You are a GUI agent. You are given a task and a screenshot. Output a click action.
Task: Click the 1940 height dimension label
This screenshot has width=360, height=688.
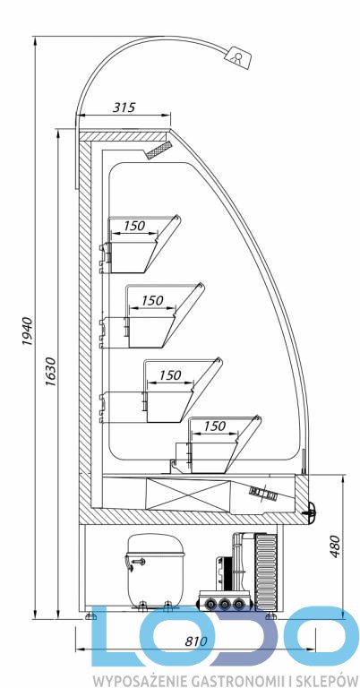(x=27, y=331)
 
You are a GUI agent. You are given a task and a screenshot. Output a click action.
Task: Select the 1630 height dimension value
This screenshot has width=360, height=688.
(x=51, y=372)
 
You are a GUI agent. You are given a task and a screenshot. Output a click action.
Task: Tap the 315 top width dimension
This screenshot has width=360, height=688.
(x=124, y=107)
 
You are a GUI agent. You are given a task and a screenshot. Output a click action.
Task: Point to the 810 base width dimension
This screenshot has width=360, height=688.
(x=195, y=641)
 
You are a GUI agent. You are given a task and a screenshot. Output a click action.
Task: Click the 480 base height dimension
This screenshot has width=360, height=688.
(x=336, y=546)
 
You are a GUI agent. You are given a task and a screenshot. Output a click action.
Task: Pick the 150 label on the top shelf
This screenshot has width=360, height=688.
(x=133, y=226)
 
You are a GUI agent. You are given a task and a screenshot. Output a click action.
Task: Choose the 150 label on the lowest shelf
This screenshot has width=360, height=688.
(x=214, y=426)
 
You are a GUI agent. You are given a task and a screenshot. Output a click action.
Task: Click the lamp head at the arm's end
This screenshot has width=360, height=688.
(x=239, y=56)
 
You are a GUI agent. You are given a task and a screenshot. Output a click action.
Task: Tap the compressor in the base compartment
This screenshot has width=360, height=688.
(x=154, y=571)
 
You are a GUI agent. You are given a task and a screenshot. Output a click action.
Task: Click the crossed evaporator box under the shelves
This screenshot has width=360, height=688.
(x=188, y=494)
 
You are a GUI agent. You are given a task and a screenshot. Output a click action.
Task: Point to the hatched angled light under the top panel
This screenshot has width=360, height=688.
(x=159, y=150)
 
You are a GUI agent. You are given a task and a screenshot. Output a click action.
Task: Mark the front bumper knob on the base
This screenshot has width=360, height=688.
(x=312, y=509)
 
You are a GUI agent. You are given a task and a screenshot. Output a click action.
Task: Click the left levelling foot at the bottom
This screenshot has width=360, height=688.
(x=90, y=615)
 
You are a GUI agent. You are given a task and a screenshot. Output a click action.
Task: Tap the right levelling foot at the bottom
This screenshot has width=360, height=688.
(x=270, y=615)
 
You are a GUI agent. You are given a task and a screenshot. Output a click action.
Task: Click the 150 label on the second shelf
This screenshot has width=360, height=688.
(x=152, y=301)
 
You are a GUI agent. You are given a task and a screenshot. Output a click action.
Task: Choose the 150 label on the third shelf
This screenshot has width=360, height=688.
(x=169, y=375)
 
